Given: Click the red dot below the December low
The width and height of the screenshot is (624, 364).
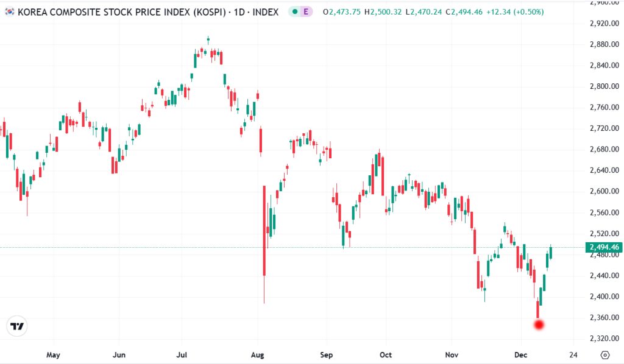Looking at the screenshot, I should point(538,324).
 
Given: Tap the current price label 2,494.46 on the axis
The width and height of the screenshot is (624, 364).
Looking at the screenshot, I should point(603,247).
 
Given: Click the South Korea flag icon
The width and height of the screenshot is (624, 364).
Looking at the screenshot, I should point(9,12).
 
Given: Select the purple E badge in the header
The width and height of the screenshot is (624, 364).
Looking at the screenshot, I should point(305,12).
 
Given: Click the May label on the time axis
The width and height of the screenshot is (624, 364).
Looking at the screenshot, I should point(53,354).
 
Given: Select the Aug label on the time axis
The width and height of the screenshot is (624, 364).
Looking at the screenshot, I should point(258,354).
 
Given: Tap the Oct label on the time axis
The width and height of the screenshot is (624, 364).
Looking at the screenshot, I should point(385,354).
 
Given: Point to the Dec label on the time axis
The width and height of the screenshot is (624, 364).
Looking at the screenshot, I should point(520,354).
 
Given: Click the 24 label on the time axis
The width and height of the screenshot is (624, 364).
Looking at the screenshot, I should point(572,354).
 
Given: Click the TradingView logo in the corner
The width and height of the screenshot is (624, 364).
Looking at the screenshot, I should point(18,326).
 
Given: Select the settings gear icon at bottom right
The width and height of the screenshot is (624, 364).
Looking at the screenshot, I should point(604,355).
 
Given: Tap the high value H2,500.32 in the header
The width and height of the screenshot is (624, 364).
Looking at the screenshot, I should point(383,12).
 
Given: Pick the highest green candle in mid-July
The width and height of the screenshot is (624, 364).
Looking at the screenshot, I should point(208,41).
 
